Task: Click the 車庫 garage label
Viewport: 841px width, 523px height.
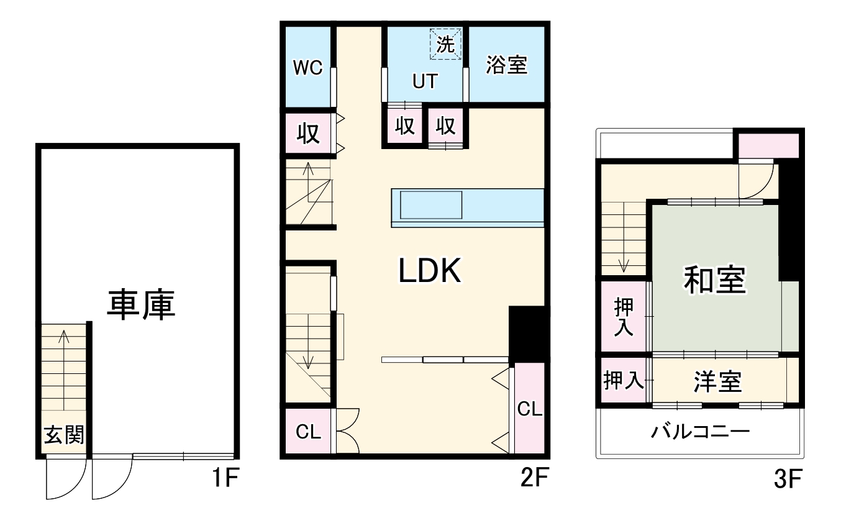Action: click(x=140, y=304)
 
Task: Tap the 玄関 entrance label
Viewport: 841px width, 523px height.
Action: click(x=63, y=435)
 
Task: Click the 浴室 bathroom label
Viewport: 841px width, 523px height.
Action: click(x=506, y=65)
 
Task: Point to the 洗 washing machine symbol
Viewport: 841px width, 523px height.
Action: click(x=445, y=44)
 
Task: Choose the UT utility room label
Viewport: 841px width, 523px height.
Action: click(x=425, y=81)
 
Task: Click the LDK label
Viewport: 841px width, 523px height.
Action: click(x=429, y=271)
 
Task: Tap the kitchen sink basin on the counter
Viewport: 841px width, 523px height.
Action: click(x=430, y=205)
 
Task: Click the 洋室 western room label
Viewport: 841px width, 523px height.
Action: click(x=717, y=382)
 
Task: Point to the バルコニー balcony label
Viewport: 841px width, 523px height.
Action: click(x=700, y=432)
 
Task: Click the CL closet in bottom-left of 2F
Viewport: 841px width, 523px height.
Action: click(x=308, y=432)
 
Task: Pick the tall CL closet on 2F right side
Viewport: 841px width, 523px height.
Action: click(x=530, y=409)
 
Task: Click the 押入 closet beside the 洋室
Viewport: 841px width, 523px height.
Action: click(x=623, y=381)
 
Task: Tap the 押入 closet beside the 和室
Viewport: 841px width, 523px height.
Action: click(x=624, y=317)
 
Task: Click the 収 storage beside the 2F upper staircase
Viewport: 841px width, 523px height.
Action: click(x=308, y=134)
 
